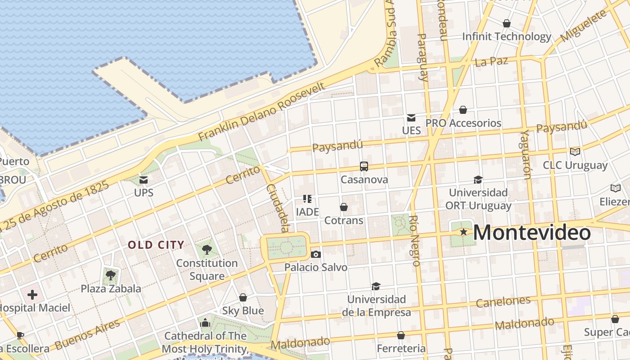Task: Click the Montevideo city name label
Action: click(531, 233)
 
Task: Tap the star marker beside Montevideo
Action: click(463, 232)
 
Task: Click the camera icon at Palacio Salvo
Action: click(316, 254)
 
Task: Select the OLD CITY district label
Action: click(156, 245)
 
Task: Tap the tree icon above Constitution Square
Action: click(207, 249)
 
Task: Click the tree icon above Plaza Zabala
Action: click(111, 275)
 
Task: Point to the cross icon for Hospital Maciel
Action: click(32, 295)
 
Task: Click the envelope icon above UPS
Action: click(144, 180)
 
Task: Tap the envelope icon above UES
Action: click(411, 118)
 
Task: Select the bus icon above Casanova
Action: click(364, 166)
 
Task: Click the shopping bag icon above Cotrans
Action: click(344, 207)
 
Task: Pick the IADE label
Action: click(307, 211)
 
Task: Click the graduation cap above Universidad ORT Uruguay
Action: click(478, 180)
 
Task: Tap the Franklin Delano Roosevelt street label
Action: click(261, 112)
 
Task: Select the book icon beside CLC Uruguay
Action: click(575, 152)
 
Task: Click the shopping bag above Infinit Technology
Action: click(507, 23)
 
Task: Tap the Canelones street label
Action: click(503, 301)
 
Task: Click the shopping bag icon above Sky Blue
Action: click(243, 297)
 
